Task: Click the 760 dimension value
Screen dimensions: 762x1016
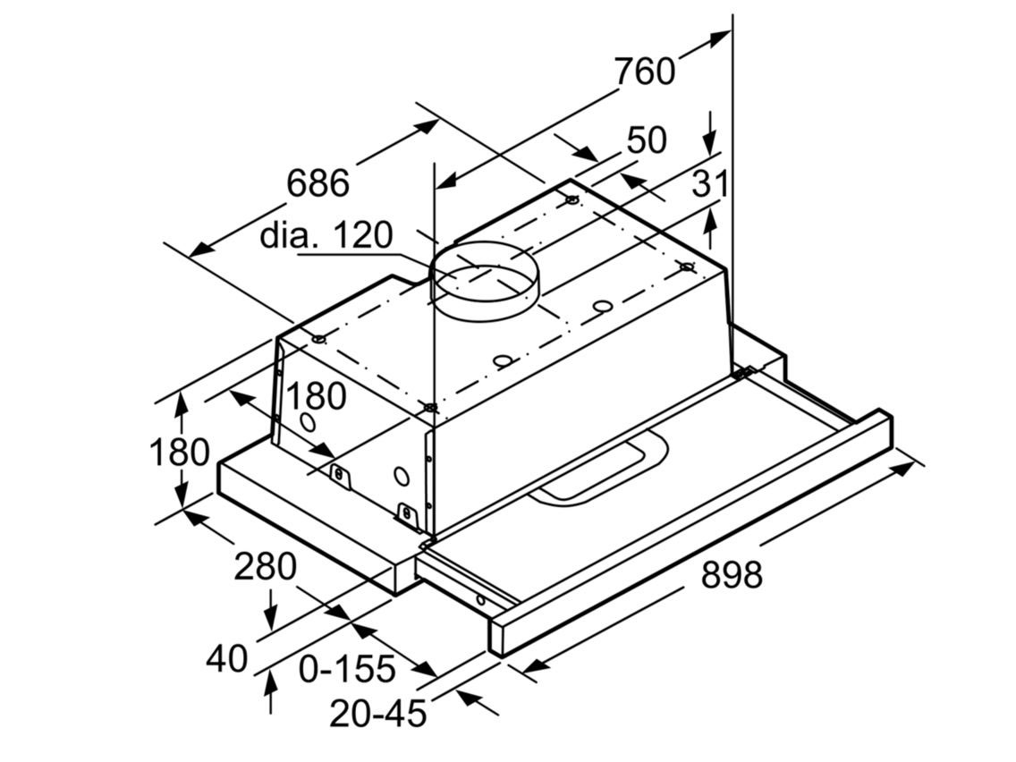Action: click(x=644, y=71)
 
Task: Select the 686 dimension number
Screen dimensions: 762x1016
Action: click(x=317, y=183)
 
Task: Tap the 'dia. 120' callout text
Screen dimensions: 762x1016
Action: click(x=326, y=235)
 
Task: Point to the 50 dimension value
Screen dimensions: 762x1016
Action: click(x=647, y=140)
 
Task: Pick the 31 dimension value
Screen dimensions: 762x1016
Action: click(x=711, y=184)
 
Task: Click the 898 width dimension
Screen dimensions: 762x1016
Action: click(x=732, y=575)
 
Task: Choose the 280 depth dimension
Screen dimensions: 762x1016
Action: click(x=265, y=567)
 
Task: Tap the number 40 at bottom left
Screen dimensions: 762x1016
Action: click(x=226, y=659)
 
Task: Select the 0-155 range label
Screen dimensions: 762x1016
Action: click(x=347, y=668)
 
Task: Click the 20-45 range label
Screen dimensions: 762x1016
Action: click(x=377, y=714)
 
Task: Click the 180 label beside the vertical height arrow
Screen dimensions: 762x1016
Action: click(x=179, y=453)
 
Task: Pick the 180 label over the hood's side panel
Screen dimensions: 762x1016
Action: click(x=315, y=396)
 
